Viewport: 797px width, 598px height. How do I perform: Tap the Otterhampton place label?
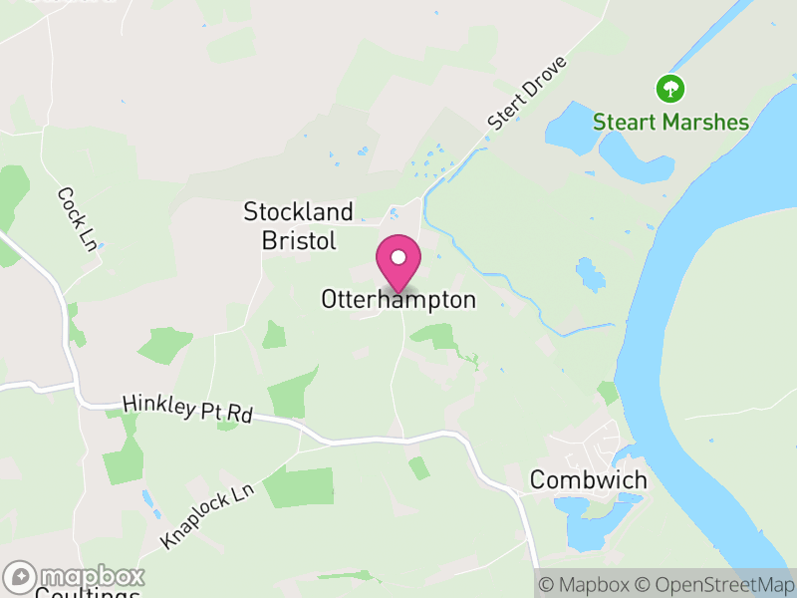pyautogui.click(x=398, y=299)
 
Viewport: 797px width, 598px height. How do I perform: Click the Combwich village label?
pyautogui.click(x=588, y=480)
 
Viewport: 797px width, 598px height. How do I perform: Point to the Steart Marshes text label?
pyautogui.click(x=670, y=123)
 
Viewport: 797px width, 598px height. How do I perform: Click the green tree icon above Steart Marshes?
pyautogui.click(x=670, y=89)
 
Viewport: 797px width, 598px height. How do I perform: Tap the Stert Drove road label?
pyautogui.click(x=527, y=93)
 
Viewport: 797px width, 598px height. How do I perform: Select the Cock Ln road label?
pyautogui.click(x=75, y=219)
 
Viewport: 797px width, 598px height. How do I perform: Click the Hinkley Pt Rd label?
pyautogui.click(x=187, y=409)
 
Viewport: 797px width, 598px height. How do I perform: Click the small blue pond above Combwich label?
pyautogui.click(x=590, y=275)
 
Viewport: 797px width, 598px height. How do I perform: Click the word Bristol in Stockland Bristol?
pyautogui.click(x=299, y=240)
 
